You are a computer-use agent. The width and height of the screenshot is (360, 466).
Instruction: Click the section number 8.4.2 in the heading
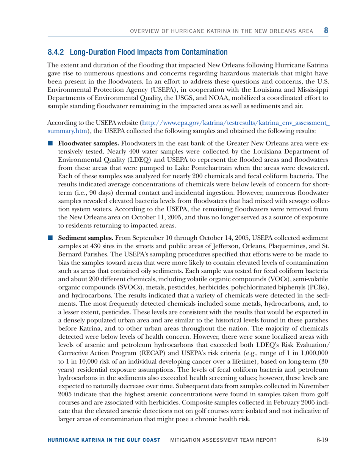point(56,51)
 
